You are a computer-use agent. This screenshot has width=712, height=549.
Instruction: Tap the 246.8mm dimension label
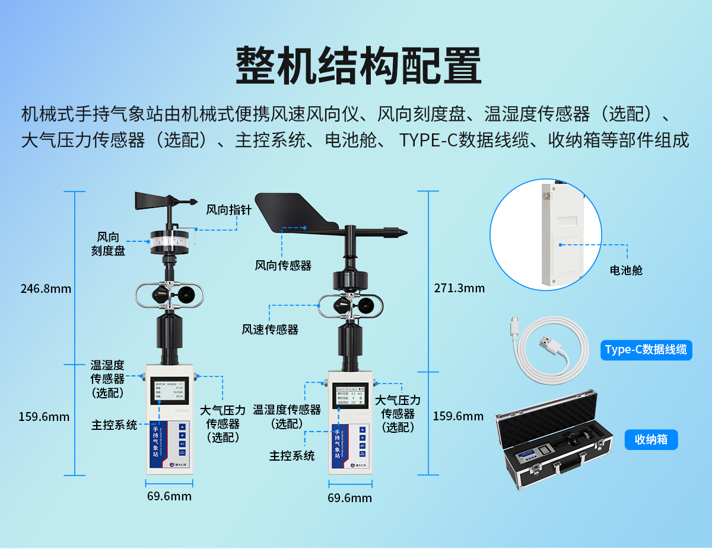click(46, 289)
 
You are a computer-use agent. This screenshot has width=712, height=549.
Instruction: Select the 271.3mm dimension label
click(459, 288)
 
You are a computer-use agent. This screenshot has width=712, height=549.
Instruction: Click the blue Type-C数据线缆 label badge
click(646, 350)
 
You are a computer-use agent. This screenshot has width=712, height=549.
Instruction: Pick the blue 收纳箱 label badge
click(651, 439)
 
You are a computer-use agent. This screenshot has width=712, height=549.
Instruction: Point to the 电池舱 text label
click(626, 270)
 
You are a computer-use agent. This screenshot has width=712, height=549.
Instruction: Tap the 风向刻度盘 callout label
click(108, 244)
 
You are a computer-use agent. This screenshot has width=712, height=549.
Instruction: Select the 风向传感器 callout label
click(283, 265)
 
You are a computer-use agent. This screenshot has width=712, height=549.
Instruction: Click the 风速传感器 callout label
click(270, 329)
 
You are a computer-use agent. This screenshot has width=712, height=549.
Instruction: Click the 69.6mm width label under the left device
click(169, 496)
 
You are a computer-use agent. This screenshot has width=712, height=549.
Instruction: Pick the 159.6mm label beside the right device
click(458, 416)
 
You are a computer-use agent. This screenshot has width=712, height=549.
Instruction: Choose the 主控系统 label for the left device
click(114, 424)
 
